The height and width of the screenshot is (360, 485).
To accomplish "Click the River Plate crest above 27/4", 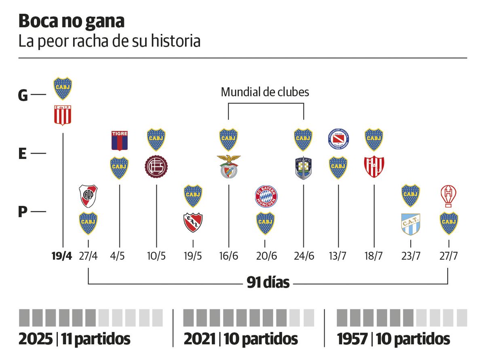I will pyautogui.click(x=88, y=196).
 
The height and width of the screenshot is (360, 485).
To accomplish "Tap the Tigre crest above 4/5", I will pyautogui.click(x=120, y=140).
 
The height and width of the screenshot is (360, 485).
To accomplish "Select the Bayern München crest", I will pyautogui.click(x=265, y=196).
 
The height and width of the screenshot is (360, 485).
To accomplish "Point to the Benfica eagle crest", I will pyautogui.click(x=229, y=166).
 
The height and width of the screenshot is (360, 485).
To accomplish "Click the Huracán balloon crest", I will pyautogui.click(x=448, y=196).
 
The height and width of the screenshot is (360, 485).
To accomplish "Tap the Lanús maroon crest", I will pyautogui.click(x=156, y=167).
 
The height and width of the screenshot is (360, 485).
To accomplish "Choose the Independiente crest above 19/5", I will pyautogui.click(x=193, y=223).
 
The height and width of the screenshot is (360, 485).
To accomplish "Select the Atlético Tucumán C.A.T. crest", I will pyautogui.click(x=411, y=224).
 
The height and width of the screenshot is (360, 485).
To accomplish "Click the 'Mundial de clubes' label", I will pyautogui.click(x=265, y=92).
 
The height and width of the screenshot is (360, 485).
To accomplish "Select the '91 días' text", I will pyautogui.click(x=268, y=283).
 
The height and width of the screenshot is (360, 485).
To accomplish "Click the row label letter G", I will pyautogui.click(x=23, y=95).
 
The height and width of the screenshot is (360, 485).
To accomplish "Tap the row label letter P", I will pyautogui.click(x=23, y=211).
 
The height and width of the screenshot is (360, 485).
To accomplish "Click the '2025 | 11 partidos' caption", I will pyautogui.click(x=75, y=339).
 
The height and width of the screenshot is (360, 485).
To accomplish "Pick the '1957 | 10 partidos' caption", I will pyautogui.click(x=393, y=339).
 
